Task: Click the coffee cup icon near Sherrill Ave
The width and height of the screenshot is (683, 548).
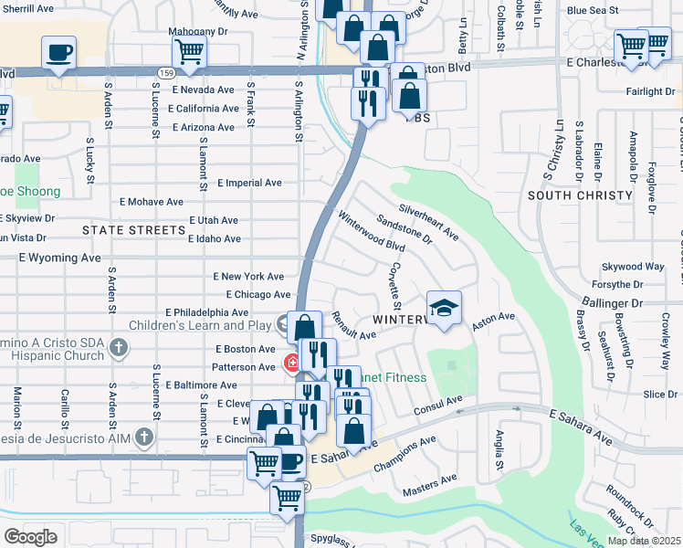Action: tap(59, 52)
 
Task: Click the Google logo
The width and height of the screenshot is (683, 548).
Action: tap(30, 537)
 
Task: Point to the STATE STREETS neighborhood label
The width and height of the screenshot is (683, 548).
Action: tap(133, 230)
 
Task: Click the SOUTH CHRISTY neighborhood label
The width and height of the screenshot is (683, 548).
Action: tap(580, 195)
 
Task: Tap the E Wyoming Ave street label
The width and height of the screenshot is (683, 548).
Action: tap(59, 258)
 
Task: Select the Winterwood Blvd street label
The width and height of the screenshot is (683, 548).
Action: tap(372, 233)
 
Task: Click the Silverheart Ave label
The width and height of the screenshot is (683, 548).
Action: tap(428, 220)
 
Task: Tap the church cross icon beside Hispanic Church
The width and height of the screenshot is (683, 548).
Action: tap(117, 347)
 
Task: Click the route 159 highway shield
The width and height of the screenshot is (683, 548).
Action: tap(166, 71)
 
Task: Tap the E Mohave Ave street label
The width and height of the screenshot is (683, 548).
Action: tap(152, 202)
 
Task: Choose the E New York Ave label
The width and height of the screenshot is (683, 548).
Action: tap(249, 276)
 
